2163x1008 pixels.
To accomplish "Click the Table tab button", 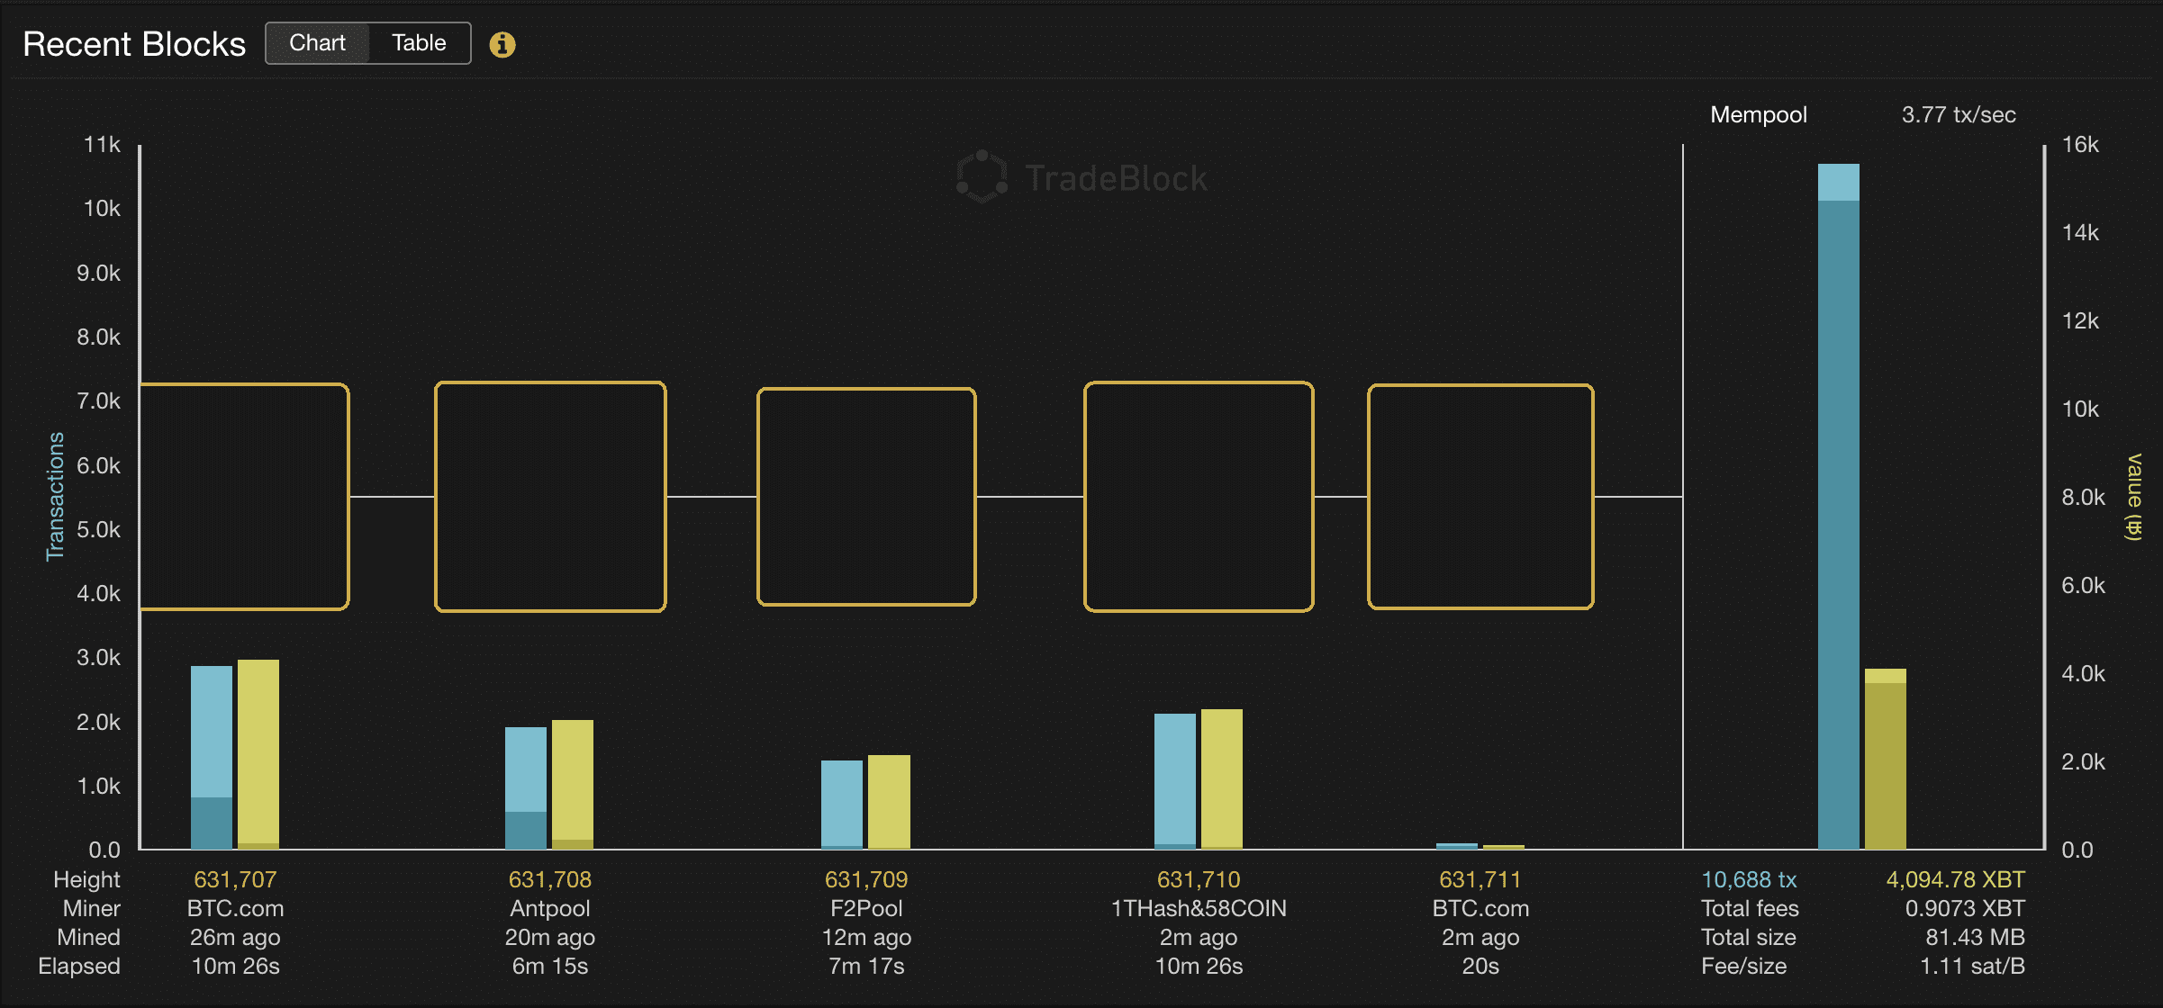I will [419, 43].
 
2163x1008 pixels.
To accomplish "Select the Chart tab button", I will [317, 43].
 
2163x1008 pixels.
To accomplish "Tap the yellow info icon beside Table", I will [502, 44].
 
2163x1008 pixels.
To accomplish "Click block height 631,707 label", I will [235, 879].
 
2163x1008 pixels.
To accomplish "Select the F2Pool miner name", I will [866, 908].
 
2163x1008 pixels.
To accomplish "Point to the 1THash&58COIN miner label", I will [1199, 908].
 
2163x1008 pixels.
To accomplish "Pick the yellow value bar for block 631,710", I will [1222, 778].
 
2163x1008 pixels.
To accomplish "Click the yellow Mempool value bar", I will [1885, 760].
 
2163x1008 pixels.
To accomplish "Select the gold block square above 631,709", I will [866, 497].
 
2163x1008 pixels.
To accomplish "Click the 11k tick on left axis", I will [102, 145].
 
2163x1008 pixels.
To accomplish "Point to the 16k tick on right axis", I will [2080, 145].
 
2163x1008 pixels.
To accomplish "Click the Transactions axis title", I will [56, 496].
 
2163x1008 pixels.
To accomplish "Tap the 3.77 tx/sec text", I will [1959, 114].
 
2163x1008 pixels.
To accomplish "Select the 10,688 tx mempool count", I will [1749, 879].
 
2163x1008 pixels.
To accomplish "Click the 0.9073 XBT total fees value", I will [1965, 908].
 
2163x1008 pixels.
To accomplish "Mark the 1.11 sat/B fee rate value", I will [1972, 966].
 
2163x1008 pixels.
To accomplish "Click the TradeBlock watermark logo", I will [1081, 177].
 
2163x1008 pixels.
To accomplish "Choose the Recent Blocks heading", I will [134, 44].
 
